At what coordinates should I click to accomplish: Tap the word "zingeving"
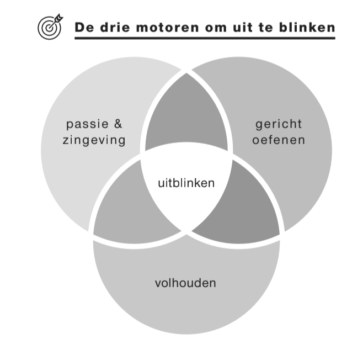point(94,140)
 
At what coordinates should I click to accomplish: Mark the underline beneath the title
point(205,38)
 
